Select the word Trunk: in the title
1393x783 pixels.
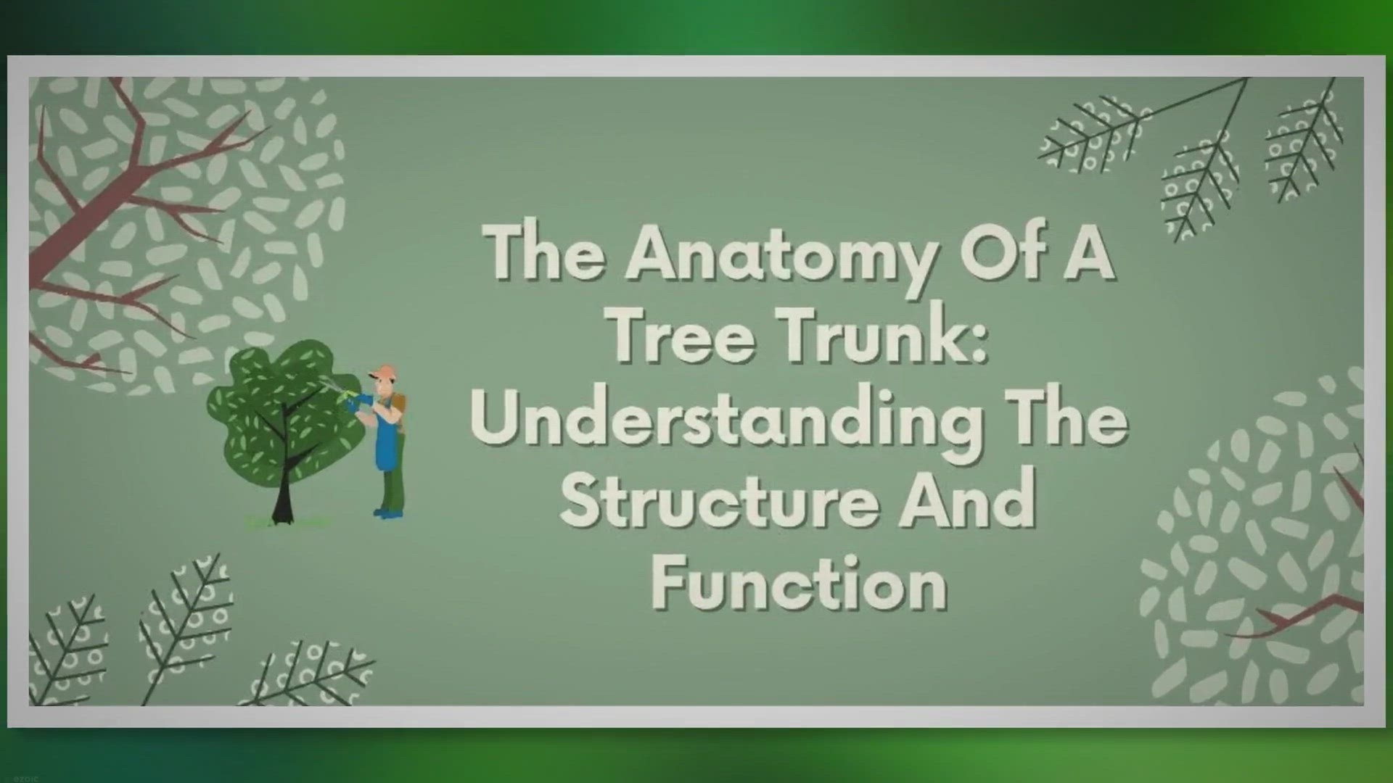pyautogui.click(x=884, y=336)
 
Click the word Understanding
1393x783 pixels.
pyautogui.click(x=726, y=420)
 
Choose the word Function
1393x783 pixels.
pyautogui.click(x=799, y=584)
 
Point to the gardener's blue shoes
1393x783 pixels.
pyautogui.click(x=387, y=514)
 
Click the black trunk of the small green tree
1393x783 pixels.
pyautogui.click(x=283, y=500)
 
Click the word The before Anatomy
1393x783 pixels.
pyautogui.click(x=545, y=254)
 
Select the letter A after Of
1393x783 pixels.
pyautogui.click(x=1088, y=254)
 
